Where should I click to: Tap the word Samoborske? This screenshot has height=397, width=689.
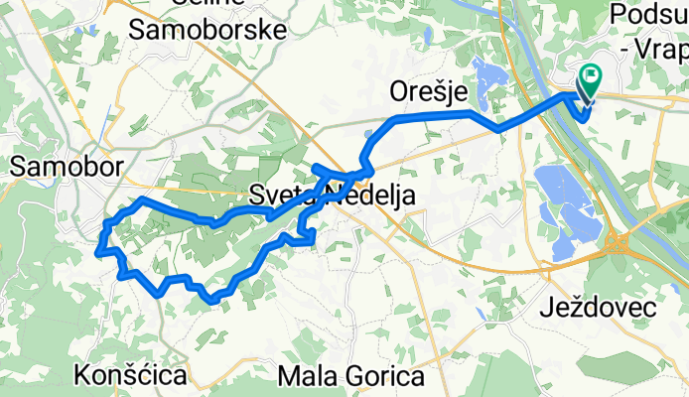point(208,29)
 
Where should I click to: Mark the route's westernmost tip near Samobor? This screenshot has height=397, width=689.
point(98,252)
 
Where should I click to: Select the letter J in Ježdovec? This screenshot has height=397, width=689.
point(545,309)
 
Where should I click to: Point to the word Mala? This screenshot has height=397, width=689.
point(309,376)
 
